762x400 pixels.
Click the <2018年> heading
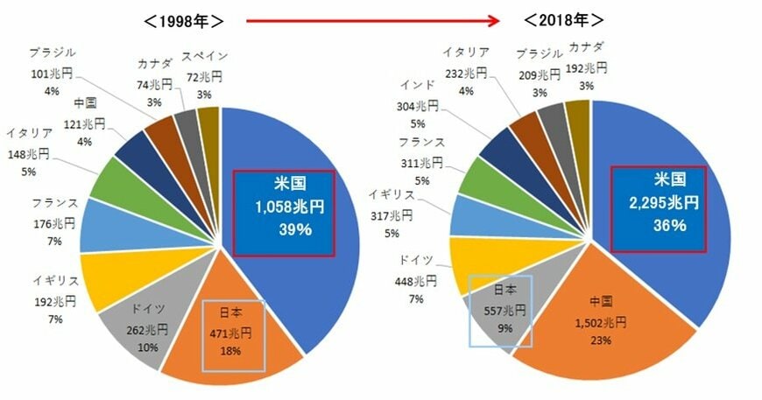pyautogui.click(x=566, y=19)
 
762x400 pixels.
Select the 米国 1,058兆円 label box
pyautogui.click(x=284, y=213)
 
